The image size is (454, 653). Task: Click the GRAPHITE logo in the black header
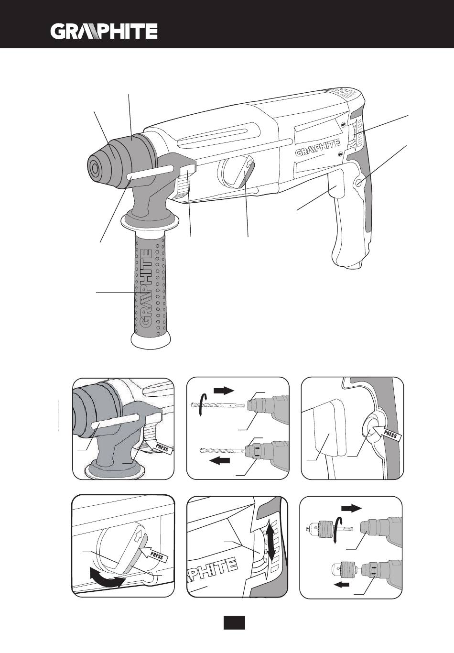coord(104,31)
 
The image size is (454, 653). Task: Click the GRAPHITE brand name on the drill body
coord(318,148)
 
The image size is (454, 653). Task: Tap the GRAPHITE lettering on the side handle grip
coord(146,289)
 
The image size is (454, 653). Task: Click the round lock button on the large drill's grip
coord(359,183)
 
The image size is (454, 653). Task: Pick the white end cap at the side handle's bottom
coord(151,341)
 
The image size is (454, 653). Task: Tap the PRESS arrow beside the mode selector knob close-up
coord(154,553)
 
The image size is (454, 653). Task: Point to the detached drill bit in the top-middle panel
coord(217,405)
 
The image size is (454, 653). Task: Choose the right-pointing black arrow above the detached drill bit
coord(224,391)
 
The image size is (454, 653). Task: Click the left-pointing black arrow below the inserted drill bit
coord(220,461)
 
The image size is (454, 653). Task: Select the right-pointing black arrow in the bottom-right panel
coord(351,508)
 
